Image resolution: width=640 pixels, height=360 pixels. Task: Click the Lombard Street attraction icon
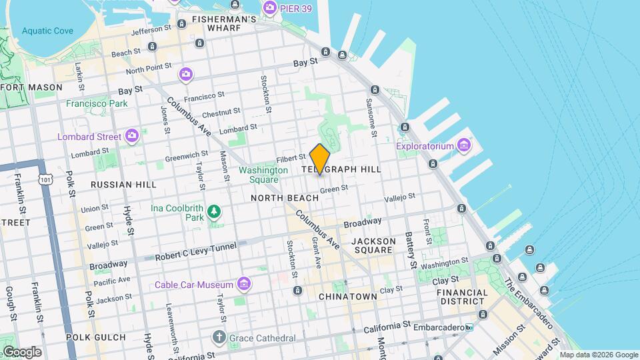[132, 136]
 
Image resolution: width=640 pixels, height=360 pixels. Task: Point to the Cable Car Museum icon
[244, 285]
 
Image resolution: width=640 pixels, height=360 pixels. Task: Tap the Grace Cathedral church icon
[219, 337]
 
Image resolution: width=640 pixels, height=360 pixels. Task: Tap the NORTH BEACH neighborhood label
[280, 198]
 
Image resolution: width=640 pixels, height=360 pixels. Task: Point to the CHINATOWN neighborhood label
[347, 296]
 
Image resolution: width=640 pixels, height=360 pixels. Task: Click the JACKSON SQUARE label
[373, 245]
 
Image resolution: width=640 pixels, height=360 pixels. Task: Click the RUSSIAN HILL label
[123, 185]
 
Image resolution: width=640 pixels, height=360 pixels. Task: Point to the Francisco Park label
[97, 103]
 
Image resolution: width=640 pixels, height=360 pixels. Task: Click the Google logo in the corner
[21, 351]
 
